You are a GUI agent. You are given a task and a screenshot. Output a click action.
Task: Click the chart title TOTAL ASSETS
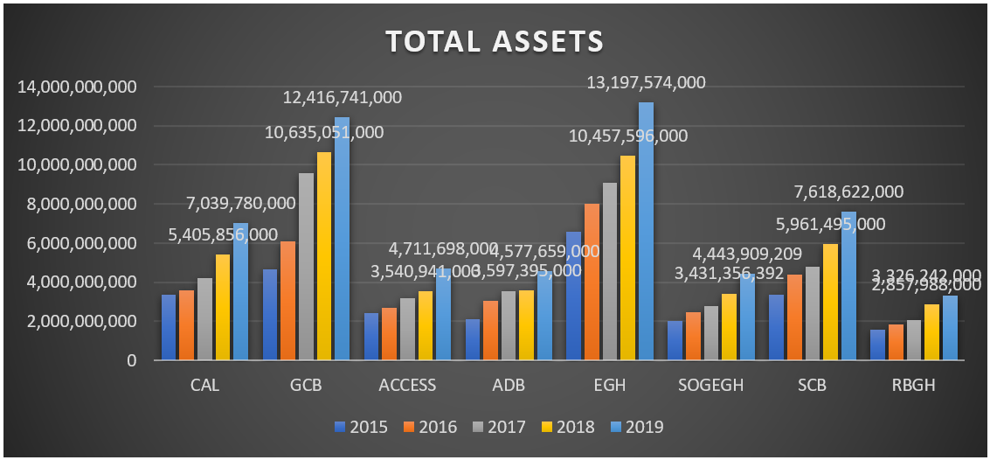click(x=495, y=41)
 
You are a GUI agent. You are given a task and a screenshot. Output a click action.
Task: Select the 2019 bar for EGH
click(x=646, y=231)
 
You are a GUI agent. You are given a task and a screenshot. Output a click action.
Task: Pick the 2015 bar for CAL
click(x=169, y=327)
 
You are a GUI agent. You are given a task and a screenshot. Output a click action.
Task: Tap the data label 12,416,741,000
click(x=342, y=98)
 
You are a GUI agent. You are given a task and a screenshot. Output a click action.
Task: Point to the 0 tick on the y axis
click(x=131, y=359)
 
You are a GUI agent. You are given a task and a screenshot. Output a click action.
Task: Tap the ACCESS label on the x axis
click(x=407, y=385)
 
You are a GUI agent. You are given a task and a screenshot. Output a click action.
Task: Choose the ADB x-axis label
click(x=509, y=385)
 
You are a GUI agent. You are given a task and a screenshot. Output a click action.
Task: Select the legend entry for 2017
click(x=499, y=428)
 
